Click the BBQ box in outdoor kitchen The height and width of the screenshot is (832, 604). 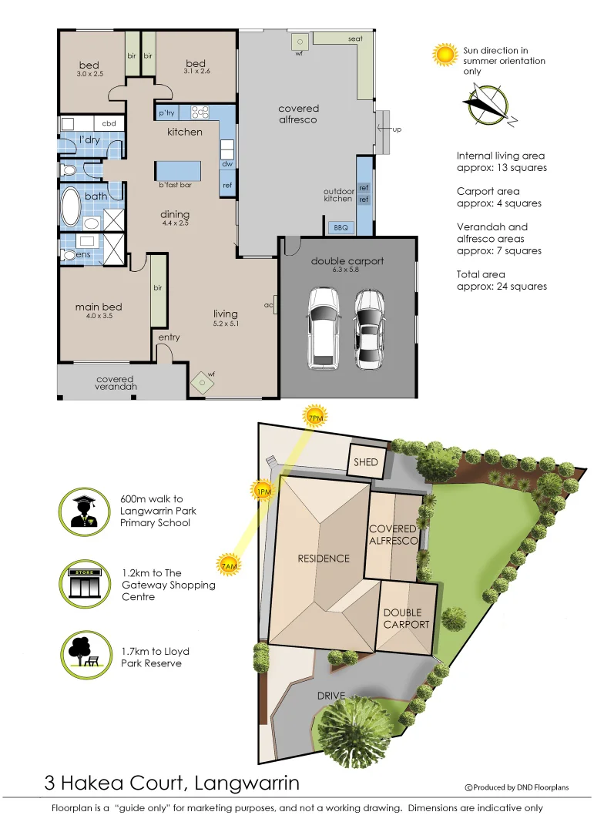(x=341, y=227)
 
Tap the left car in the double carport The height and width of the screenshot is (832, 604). (x=321, y=327)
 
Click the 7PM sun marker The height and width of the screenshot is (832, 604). (x=316, y=418)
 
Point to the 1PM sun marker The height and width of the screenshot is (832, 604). (x=262, y=491)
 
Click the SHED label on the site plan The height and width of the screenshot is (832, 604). (x=366, y=461)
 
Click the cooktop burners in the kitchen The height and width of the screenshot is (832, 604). (x=200, y=112)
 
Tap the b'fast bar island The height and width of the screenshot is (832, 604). (x=178, y=171)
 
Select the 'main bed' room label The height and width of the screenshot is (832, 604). (x=99, y=307)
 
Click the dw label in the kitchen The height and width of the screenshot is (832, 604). (x=227, y=163)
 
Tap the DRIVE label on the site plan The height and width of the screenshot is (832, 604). (x=331, y=696)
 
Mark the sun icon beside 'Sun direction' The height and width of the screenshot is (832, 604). (x=445, y=55)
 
